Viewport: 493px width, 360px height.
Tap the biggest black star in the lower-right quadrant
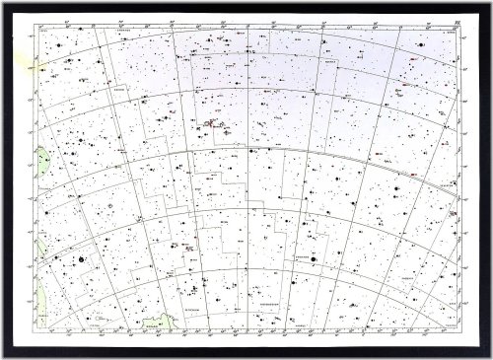click(315, 259)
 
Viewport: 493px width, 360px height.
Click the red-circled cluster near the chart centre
click(210, 125)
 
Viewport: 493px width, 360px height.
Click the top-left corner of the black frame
click(3, 3)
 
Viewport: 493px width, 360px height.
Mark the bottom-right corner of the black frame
click(489, 356)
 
